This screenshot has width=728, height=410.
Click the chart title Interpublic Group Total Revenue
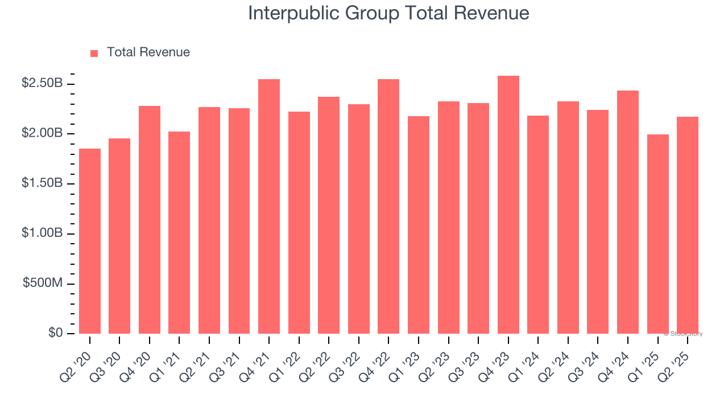[x=388, y=13]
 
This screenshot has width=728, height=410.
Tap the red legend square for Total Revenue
[x=94, y=53]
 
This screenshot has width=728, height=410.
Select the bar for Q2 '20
[x=90, y=241]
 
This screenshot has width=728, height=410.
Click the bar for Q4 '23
[x=508, y=204]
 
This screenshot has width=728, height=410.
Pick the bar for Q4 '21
[x=269, y=206]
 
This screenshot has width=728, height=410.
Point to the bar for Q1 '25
[x=657, y=234]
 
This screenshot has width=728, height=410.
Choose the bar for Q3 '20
[x=119, y=236]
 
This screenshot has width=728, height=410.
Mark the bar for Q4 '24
[x=628, y=212]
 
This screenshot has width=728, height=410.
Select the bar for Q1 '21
[x=179, y=232]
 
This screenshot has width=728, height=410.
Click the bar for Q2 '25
[x=688, y=225]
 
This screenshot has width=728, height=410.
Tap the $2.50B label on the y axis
[x=42, y=83]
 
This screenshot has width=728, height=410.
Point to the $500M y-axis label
[x=43, y=284]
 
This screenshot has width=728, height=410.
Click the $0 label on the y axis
[x=55, y=333]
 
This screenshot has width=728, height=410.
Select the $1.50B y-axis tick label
[x=42, y=183]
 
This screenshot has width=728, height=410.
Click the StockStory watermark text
[x=683, y=334]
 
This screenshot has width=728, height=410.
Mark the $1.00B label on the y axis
[x=42, y=233]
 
